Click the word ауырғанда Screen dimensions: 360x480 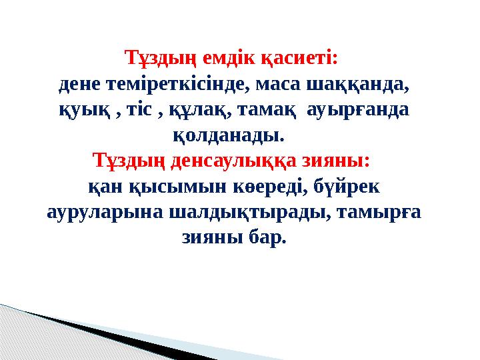click(357, 111)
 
